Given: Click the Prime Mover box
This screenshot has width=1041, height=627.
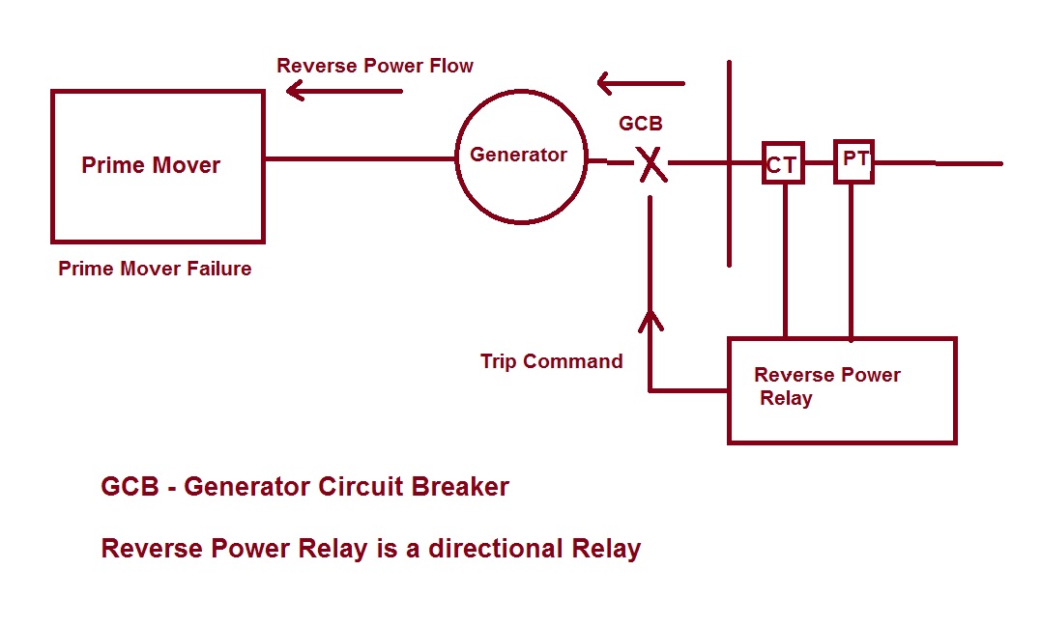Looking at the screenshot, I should [158, 166].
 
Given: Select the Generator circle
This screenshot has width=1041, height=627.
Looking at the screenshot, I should [521, 157].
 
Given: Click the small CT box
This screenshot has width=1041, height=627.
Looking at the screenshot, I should [782, 164].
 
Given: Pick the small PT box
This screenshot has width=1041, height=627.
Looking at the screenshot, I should [854, 161].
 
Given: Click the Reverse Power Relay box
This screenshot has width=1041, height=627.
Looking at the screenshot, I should [841, 389].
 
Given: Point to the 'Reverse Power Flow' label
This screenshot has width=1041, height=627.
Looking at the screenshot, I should [375, 66].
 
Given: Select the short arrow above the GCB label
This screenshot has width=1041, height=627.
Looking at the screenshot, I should [640, 84].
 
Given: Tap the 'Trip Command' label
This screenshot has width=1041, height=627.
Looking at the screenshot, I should [551, 361].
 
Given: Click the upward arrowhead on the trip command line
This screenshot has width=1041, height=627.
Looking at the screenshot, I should [651, 318].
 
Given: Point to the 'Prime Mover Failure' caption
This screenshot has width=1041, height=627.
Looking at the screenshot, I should [155, 269].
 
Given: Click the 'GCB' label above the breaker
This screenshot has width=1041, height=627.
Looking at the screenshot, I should [641, 124].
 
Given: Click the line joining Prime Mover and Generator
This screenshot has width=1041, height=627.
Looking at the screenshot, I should [360, 158].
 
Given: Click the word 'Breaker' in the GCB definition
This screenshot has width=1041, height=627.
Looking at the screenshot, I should [459, 487].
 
